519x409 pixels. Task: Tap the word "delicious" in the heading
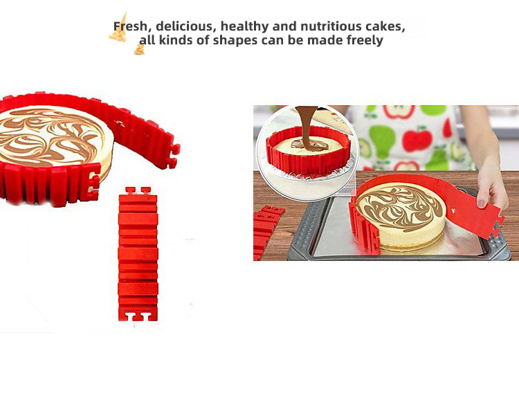185,26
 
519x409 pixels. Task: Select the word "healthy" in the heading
244,26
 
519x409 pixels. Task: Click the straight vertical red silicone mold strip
138,254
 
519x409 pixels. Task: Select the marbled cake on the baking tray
401,216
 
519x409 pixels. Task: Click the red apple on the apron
417,140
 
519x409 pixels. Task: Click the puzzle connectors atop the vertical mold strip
138,191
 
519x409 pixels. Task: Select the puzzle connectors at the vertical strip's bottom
138,316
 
